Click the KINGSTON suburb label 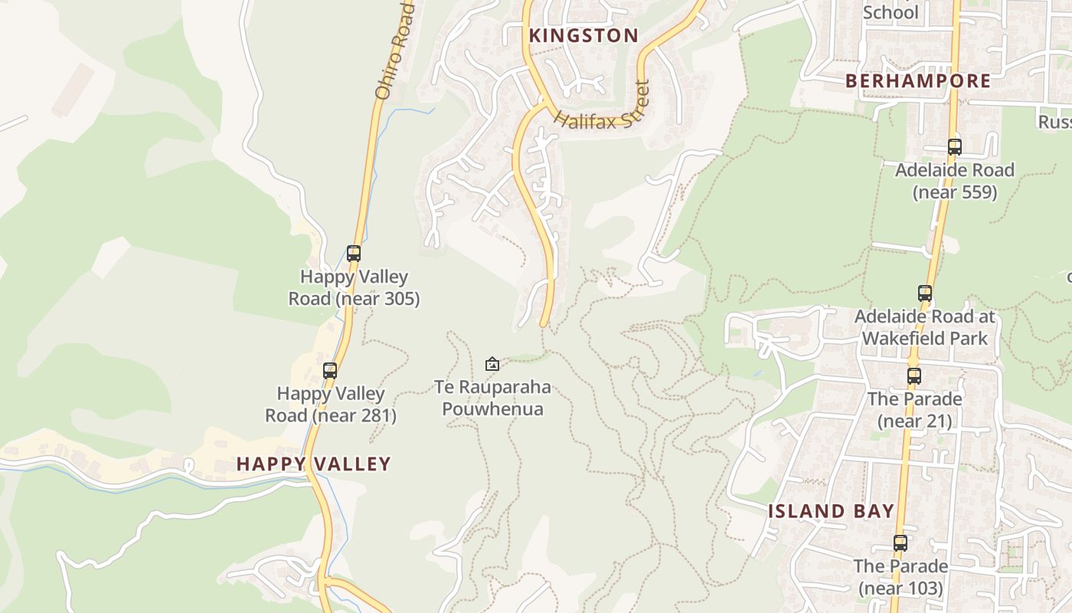click(x=583, y=35)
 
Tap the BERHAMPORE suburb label click(x=918, y=80)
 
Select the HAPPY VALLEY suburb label click(x=314, y=464)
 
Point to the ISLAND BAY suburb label click(x=832, y=511)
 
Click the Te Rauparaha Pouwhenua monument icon click(x=492, y=363)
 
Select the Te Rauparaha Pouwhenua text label click(x=492, y=398)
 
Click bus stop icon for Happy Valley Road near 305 click(x=354, y=253)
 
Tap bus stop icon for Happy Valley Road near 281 click(x=330, y=370)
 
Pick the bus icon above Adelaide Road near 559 click(x=954, y=147)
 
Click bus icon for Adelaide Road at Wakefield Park click(x=924, y=293)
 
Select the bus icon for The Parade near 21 click(x=913, y=376)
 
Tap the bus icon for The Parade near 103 click(x=900, y=543)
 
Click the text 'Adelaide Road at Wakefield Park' click(x=924, y=327)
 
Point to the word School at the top click(x=891, y=12)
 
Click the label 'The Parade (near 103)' click(x=900, y=577)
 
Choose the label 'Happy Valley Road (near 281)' click(x=331, y=405)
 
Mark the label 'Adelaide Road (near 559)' click(x=955, y=181)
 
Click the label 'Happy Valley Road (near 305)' click(x=354, y=287)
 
